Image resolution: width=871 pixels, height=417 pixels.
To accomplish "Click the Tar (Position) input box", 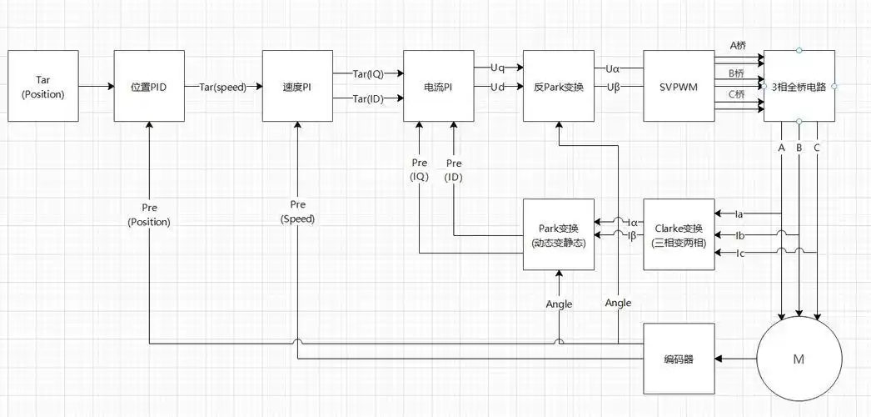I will click(x=43, y=87).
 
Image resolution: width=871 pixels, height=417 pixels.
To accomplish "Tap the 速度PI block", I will click(x=297, y=87).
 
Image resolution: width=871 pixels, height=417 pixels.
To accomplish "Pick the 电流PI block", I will click(x=438, y=87).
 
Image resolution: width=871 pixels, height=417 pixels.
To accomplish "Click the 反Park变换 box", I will click(x=559, y=87).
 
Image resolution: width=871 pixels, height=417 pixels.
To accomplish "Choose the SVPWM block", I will click(x=679, y=87).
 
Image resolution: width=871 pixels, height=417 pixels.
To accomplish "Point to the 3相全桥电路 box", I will click(x=799, y=87).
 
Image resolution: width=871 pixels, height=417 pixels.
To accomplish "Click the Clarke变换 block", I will click(x=679, y=234).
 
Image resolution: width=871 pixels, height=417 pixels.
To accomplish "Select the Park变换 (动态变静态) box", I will click(x=559, y=234).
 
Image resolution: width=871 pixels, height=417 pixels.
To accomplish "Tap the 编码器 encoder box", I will click(x=679, y=359).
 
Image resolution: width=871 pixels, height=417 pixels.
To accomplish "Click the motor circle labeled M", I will click(x=799, y=359).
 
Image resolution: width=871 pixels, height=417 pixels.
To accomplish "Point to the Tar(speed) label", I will click(x=223, y=87).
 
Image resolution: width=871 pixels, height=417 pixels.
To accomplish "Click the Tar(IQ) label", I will click(x=368, y=73).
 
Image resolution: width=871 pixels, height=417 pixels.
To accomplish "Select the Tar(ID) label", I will click(x=368, y=100).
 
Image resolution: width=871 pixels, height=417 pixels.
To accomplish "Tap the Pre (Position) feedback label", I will click(x=149, y=214).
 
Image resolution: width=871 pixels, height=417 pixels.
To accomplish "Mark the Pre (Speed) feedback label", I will click(x=298, y=212).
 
